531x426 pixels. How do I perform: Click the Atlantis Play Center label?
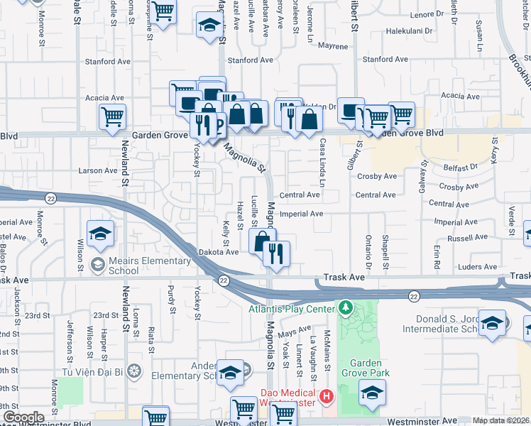point(290,308)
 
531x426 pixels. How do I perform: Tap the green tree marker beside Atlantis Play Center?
point(345,308)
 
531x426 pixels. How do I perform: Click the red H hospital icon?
point(326,395)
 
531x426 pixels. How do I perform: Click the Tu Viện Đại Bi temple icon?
point(137,371)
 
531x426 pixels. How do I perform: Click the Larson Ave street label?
point(97,170)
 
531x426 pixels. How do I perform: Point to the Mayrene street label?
point(332,46)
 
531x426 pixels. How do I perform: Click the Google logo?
point(23,417)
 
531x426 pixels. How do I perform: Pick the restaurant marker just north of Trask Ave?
point(276,253)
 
